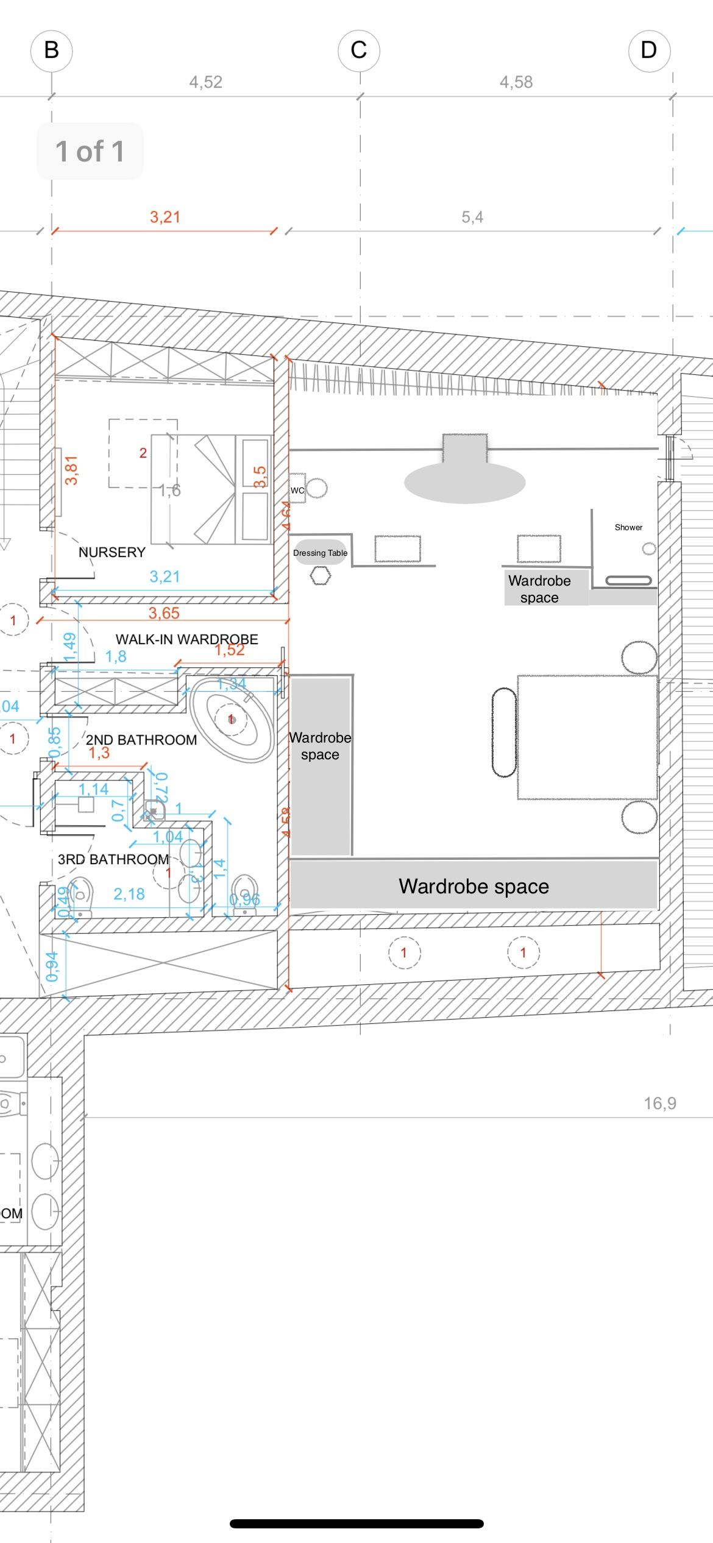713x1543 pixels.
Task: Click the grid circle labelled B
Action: (x=51, y=50)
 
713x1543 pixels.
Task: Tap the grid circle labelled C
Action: (x=359, y=50)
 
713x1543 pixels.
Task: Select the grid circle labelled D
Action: (x=649, y=50)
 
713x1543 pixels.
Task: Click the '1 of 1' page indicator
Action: (x=90, y=151)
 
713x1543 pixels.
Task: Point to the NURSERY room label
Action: (x=112, y=552)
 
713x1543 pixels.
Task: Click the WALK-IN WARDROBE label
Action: (x=186, y=639)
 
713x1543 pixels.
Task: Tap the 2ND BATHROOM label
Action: (x=141, y=740)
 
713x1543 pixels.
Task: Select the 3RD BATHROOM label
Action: (x=113, y=859)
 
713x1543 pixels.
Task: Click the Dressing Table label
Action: (x=320, y=553)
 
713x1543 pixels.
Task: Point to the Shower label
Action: (x=628, y=527)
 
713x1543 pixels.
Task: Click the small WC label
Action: (x=297, y=491)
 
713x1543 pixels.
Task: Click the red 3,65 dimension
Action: (x=164, y=613)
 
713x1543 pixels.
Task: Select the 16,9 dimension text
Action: (x=660, y=1103)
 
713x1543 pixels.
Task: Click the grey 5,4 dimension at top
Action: (x=472, y=218)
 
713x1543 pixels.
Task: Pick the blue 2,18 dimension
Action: (x=129, y=894)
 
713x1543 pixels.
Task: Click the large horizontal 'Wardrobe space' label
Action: (x=474, y=886)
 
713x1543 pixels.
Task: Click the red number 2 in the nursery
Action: (x=143, y=453)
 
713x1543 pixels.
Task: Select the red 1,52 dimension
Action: (x=229, y=650)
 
